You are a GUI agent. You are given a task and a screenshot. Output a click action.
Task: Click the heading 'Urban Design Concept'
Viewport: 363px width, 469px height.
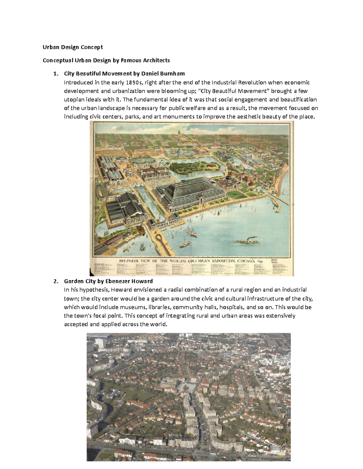pos(73,47)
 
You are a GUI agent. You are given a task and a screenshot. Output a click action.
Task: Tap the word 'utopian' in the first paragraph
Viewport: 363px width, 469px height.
pos(73,100)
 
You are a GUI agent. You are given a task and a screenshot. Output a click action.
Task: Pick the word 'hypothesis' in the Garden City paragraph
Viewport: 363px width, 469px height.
pos(92,290)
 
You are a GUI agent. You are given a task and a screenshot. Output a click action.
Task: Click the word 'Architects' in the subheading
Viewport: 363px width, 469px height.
pos(156,60)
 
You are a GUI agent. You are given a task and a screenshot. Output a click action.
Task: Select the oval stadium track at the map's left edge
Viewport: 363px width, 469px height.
pos(100,192)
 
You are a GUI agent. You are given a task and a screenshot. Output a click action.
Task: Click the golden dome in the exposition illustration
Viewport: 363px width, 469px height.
pos(129,166)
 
